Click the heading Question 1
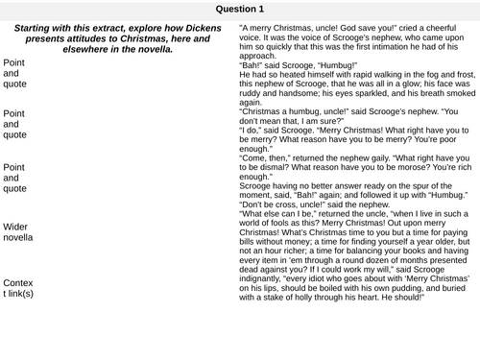point(240,9)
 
